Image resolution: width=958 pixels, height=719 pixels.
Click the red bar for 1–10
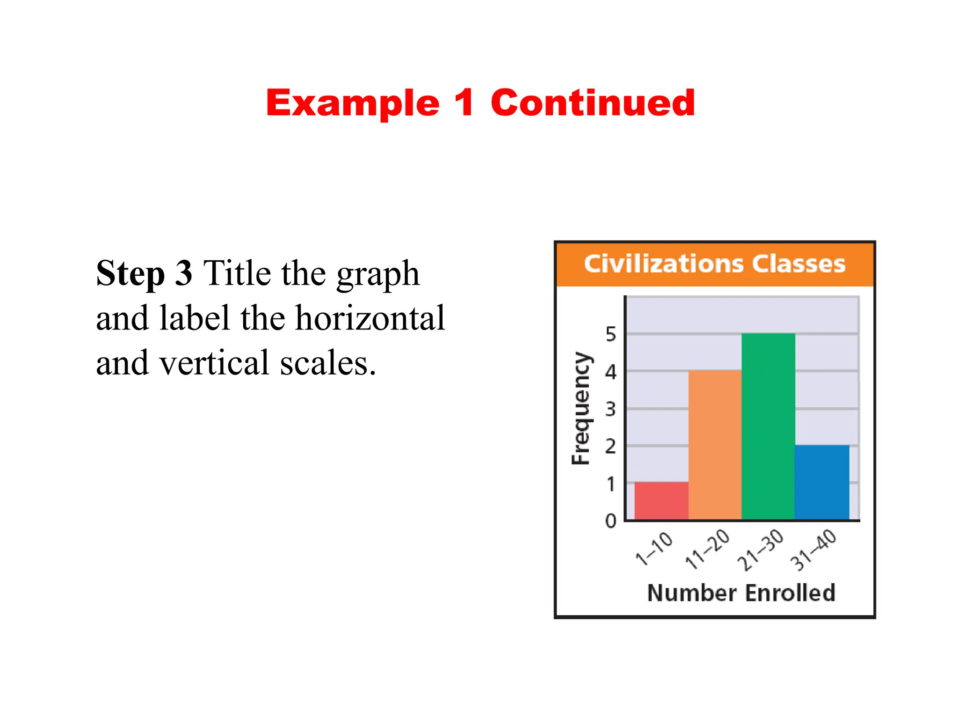(661, 500)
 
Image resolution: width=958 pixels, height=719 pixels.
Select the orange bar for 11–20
(715, 445)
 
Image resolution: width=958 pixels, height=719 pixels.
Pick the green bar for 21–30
(768, 426)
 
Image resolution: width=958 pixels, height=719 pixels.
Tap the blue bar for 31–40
(822, 482)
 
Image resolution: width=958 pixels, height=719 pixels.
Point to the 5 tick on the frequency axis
(610, 334)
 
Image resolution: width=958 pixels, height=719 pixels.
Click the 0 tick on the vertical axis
(610, 521)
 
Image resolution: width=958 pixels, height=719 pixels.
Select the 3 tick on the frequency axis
(610, 409)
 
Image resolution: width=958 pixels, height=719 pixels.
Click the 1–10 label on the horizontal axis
(654, 549)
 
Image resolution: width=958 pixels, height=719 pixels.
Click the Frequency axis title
(581, 408)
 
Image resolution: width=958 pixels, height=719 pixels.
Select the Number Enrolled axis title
(741, 593)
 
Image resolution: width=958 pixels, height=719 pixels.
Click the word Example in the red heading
(353, 104)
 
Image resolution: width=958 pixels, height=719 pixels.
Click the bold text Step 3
(144, 273)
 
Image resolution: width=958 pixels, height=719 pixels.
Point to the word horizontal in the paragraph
(370, 318)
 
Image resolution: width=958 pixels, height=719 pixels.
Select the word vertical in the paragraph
(214, 363)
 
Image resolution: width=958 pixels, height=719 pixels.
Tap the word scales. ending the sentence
(328, 364)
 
